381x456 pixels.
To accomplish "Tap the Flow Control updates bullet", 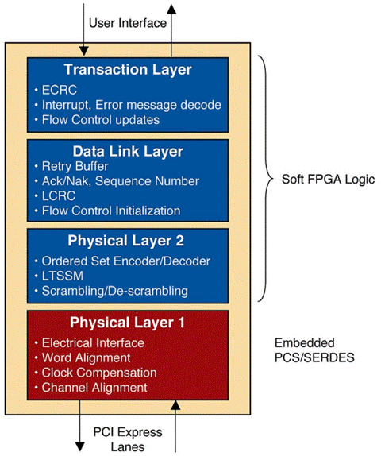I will pos(96,120).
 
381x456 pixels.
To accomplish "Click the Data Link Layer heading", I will pos(128,151).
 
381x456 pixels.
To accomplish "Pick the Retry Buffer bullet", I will pos(76,166).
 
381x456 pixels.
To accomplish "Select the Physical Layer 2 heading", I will pos(128,241).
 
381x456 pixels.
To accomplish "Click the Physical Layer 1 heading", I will pos(128,323).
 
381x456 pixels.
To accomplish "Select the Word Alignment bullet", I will pos(86,357).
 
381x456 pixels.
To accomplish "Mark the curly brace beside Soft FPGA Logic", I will pos(266,179).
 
